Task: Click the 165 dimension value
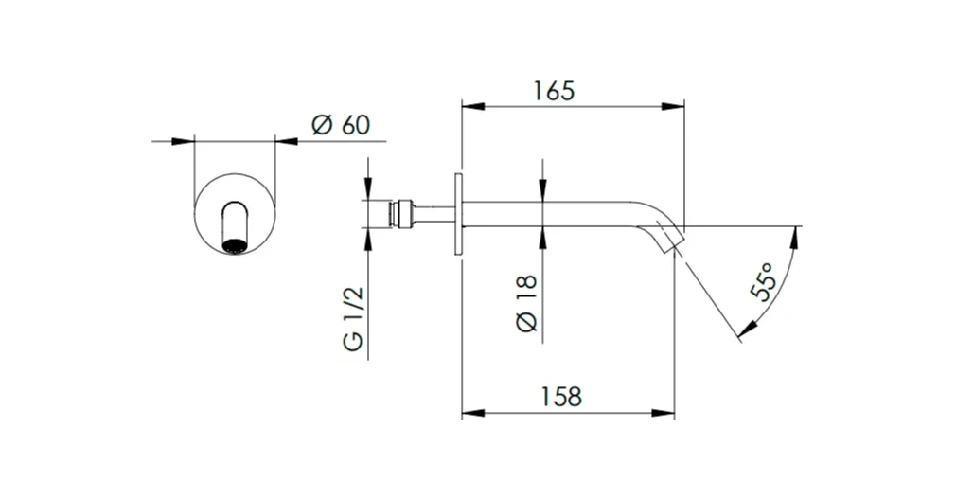[x=555, y=91]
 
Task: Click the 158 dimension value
[x=561, y=397]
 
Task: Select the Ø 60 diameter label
[x=341, y=125]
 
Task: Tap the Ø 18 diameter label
[x=527, y=303]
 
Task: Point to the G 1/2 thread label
[x=353, y=318]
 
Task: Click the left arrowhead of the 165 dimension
[x=473, y=107]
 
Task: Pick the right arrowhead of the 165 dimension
[x=673, y=107]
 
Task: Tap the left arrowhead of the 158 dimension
[x=473, y=414]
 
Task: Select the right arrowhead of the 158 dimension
[x=664, y=414]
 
